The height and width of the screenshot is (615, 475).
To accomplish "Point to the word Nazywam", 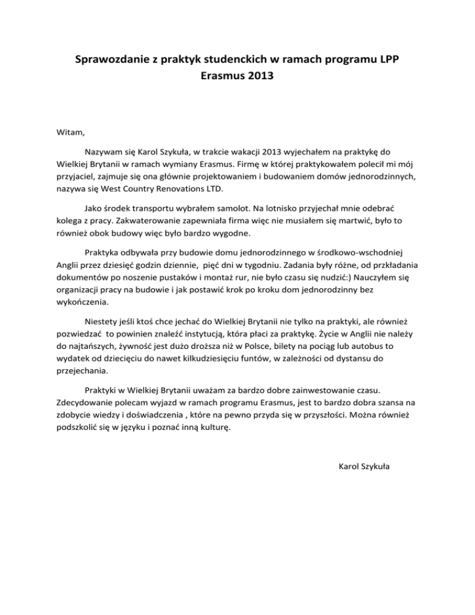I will click(x=104, y=152).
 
